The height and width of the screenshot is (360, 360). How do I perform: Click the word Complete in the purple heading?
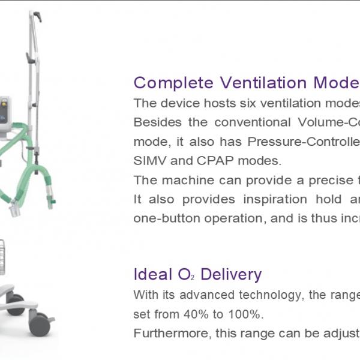tap(173, 83)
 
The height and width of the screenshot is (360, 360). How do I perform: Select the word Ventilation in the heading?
tap(263, 83)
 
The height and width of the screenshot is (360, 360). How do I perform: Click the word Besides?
tap(157, 122)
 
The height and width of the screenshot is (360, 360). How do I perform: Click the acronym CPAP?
tap(215, 161)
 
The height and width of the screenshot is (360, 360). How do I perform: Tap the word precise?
tap(331, 181)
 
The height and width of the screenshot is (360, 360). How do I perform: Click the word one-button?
tap(167, 218)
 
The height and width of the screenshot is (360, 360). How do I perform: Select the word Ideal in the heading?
tap(152, 274)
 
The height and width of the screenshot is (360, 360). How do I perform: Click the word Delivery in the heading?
tap(231, 275)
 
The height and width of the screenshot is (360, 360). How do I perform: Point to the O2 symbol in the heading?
tap(186, 274)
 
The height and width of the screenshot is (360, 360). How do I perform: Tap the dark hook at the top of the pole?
tap(38, 17)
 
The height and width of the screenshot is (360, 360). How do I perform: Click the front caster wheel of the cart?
tap(40, 324)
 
